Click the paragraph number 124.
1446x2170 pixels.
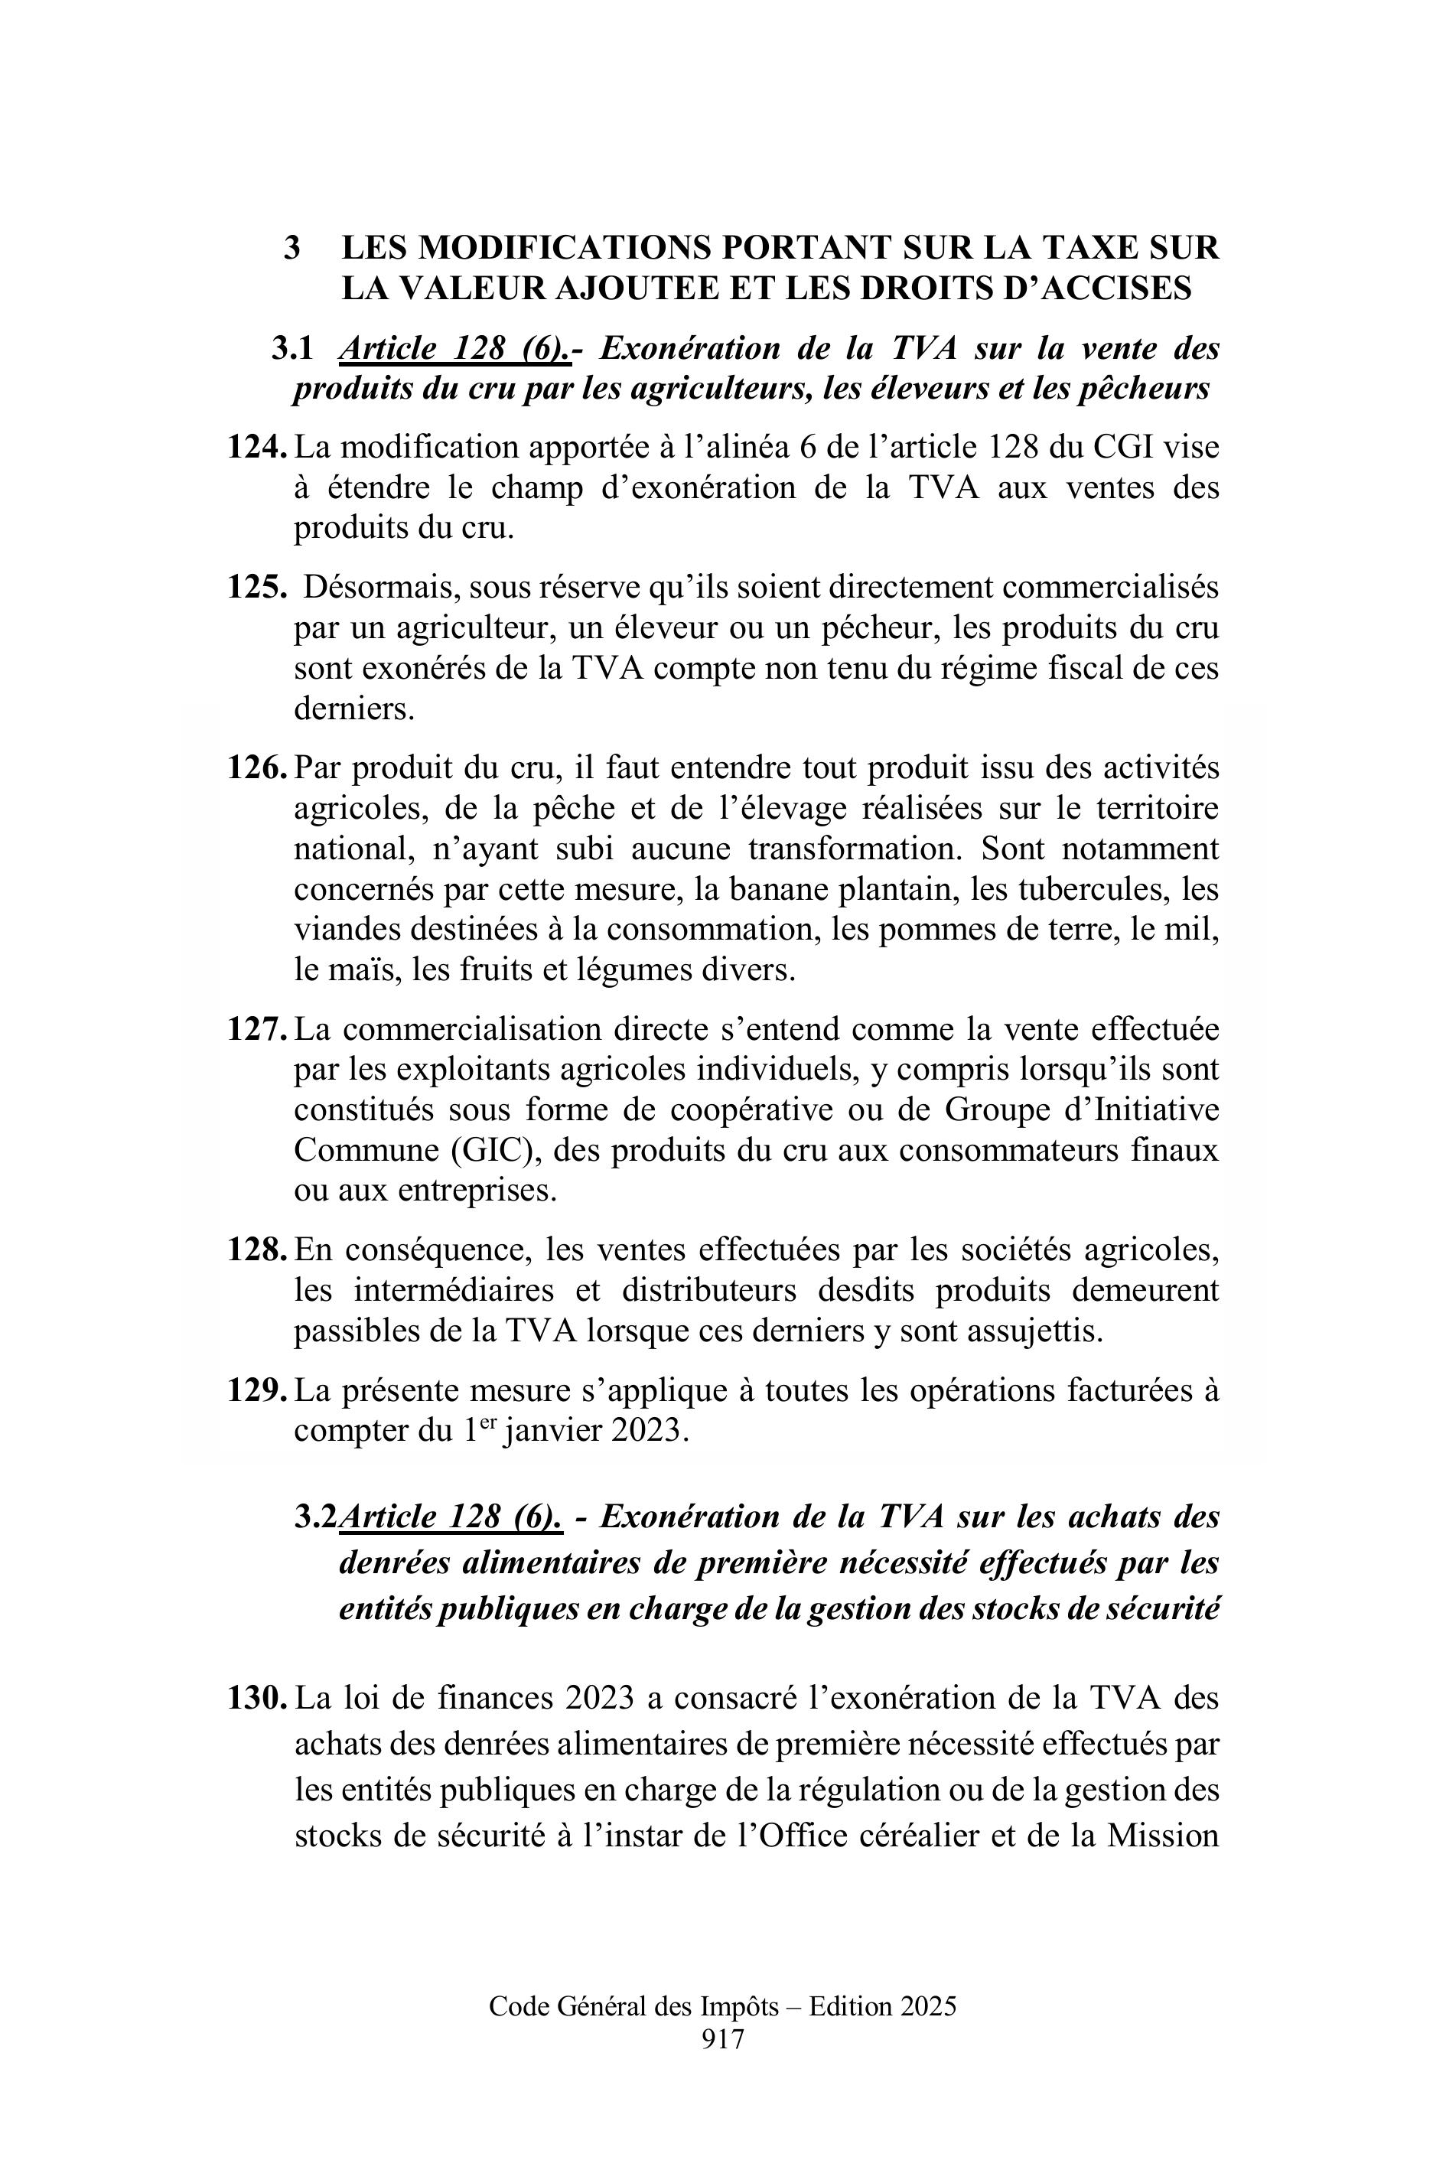(256, 448)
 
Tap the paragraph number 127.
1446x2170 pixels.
(256, 1029)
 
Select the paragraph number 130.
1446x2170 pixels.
(256, 1699)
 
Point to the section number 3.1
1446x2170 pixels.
(291, 349)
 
